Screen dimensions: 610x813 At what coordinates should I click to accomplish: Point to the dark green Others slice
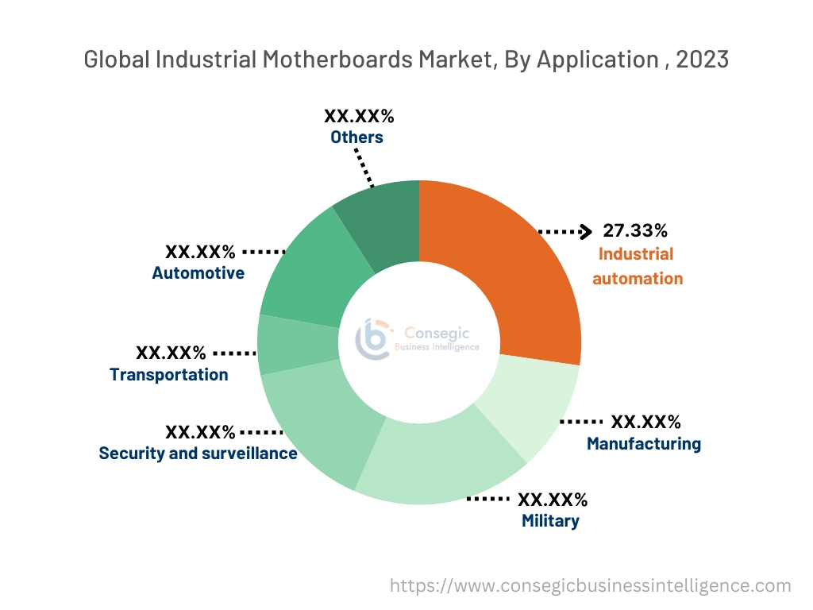click(x=381, y=222)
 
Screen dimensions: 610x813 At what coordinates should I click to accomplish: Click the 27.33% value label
click(x=635, y=231)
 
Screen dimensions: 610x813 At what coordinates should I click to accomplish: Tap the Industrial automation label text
click(x=637, y=266)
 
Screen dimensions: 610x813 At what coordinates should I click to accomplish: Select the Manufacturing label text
click(x=643, y=444)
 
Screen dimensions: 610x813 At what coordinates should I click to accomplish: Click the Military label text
click(x=550, y=521)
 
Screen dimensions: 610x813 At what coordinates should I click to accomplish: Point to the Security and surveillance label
click(x=198, y=454)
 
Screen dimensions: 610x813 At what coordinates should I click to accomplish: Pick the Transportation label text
click(x=168, y=374)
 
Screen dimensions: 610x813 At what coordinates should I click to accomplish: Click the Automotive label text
click(x=198, y=273)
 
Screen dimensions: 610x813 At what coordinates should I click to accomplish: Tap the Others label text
click(x=356, y=137)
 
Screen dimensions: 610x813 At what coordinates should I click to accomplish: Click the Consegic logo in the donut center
click(x=372, y=339)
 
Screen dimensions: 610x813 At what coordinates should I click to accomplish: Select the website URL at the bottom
click(x=591, y=585)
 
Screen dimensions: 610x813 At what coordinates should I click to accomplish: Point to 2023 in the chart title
click(x=702, y=60)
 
